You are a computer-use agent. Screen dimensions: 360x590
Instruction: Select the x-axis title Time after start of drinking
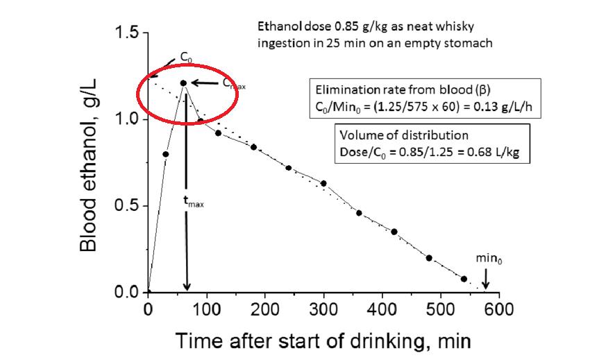[x=312, y=341]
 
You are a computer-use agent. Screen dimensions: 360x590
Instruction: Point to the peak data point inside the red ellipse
[x=183, y=83]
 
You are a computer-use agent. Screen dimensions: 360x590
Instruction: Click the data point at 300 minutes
[x=323, y=183]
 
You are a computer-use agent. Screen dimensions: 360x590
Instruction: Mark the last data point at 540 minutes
[x=464, y=278]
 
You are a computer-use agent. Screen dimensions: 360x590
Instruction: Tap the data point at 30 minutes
[x=165, y=154]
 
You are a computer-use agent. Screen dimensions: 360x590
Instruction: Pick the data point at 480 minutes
[x=429, y=258]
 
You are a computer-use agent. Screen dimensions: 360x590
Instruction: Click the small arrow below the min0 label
[x=485, y=280]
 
